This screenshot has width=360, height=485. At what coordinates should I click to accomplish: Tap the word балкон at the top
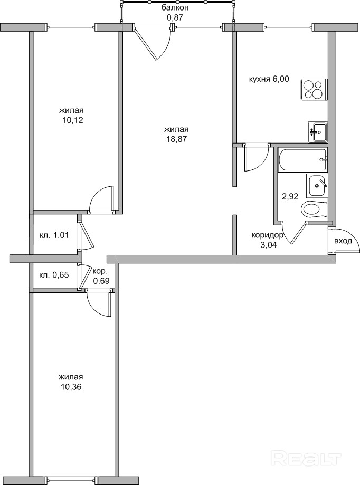pyautogui.click(x=175, y=8)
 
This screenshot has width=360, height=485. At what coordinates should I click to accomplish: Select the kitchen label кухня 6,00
pyautogui.click(x=269, y=79)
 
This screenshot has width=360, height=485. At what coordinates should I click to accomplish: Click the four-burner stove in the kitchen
pyautogui.click(x=314, y=89)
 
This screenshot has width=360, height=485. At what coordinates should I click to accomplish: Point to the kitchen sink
pyautogui.click(x=318, y=132)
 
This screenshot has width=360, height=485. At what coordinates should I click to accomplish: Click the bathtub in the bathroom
pyautogui.click(x=302, y=160)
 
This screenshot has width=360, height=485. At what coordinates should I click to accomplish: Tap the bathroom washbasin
pyautogui.click(x=316, y=186)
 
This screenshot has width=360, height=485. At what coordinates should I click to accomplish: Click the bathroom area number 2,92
pyautogui.click(x=290, y=196)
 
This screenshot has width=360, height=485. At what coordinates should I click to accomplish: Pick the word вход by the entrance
pyautogui.click(x=343, y=241)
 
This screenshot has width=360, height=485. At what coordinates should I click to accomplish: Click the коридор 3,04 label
pyautogui.click(x=268, y=241)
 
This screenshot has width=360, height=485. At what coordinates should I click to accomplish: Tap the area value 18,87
pyautogui.click(x=176, y=134)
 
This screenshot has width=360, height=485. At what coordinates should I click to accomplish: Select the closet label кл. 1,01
pyautogui.click(x=54, y=235)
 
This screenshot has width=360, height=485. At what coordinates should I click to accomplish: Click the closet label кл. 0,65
pyautogui.click(x=54, y=274)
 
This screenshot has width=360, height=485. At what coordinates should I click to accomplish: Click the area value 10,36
pyautogui.click(x=71, y=382)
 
